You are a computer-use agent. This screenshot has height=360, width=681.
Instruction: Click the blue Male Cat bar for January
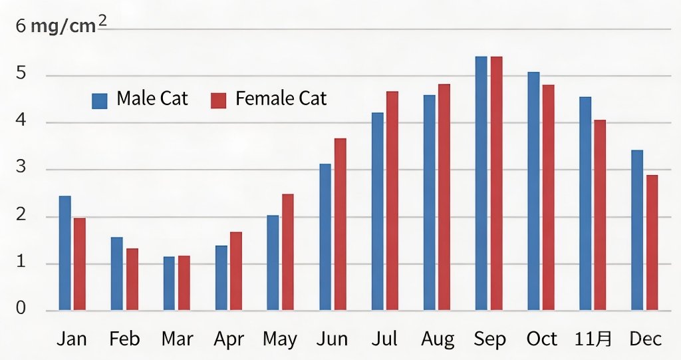pyautogui.click(x=65, y=253)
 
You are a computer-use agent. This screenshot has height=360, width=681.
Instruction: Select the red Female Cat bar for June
pyautogui.click(x=340, y=224)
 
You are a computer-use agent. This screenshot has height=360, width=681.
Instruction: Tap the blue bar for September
pyautogui.click(x=481, y=184)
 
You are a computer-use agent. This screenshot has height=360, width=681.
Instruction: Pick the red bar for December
pyautogui.click(x=652, y=242)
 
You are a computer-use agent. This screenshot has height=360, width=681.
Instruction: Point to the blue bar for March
pyautogui.click(x=169, y=283)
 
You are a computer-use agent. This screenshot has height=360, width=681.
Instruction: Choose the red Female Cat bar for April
pyautogui.click(x=235, y=271)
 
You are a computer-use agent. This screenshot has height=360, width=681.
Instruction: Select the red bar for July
pyautogui.click(x=392, y=200)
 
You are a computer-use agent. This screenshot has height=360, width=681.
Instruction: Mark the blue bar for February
pyautogui.click(x=116, y=273)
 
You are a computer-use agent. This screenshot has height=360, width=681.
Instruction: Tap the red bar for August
pyautogui.click(x=444, y=197)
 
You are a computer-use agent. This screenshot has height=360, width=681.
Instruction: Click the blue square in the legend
pyautogui.click(x=100, y=100)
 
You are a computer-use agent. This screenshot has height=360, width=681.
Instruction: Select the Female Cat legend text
pyautogui.click(x=281, y=99)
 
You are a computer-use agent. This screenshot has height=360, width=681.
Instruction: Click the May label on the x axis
pyautogui.click(x=279, y=339)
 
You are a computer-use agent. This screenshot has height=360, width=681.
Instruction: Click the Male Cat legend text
pyautogui.click(x=152, y=99)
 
